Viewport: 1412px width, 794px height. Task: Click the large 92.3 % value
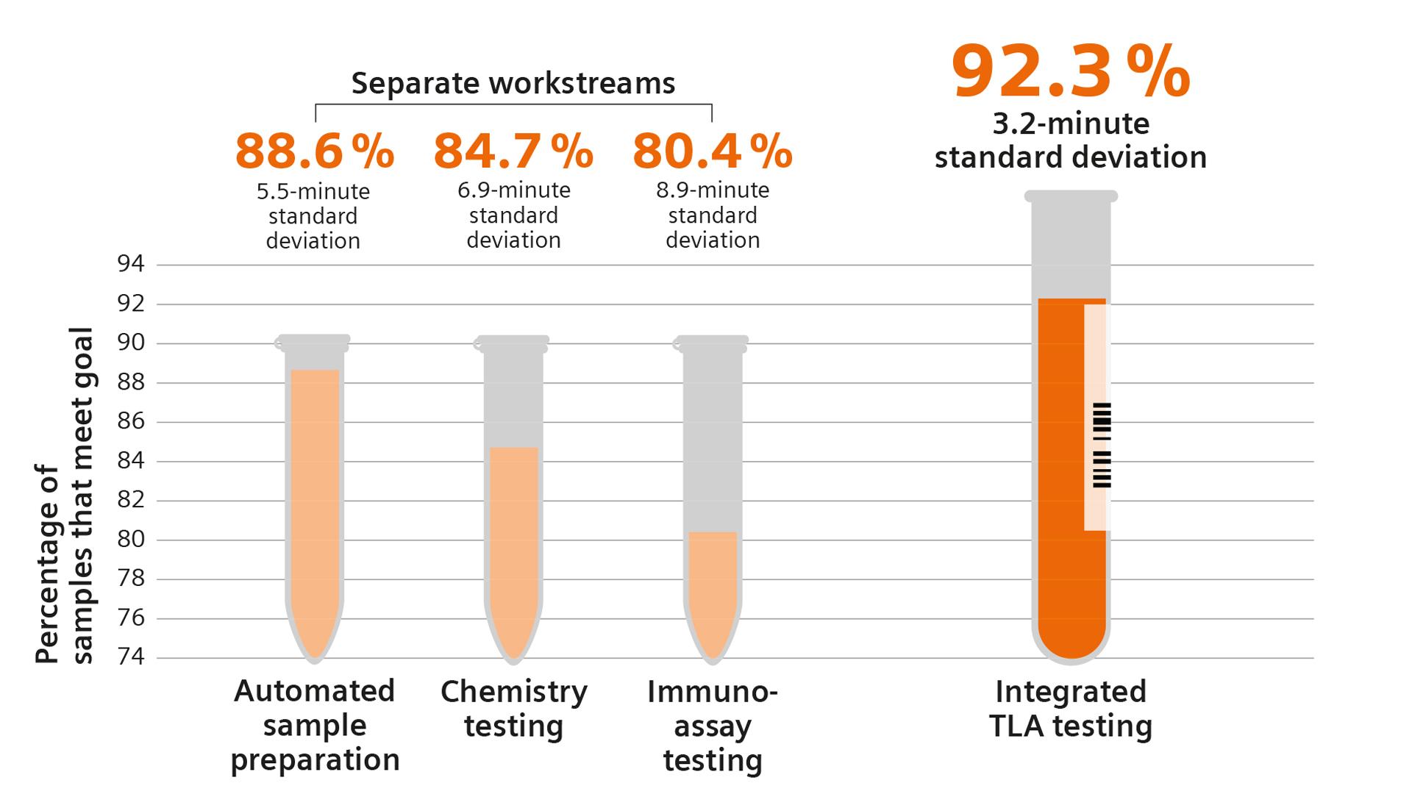click(1070, 72)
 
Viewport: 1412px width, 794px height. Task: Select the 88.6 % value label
click(314, 152)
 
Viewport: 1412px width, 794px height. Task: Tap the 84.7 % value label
click(513, 152)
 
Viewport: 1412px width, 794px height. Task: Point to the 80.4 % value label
click(712, 152)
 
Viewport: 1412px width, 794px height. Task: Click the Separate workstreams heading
click(513, 83)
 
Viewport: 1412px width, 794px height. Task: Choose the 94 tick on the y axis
click(131, 264)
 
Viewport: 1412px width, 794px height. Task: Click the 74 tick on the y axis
click(131, 657)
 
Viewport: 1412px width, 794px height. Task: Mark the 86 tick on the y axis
click(131, 422)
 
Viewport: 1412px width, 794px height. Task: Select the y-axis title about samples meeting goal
click(65, 496)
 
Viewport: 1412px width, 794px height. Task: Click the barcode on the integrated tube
click(1102, 445)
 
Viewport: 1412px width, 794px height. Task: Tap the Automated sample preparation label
click(315, 725)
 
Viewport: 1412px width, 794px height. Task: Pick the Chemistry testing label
click(513, 708)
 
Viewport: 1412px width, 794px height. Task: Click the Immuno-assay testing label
click(712, 725)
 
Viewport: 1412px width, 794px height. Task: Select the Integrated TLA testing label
click(1070, 709)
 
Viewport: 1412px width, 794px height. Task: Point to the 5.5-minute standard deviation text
click(313, 216)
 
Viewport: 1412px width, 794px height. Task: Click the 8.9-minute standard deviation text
click(712, 215)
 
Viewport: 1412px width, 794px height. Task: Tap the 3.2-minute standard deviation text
click(1070, 140)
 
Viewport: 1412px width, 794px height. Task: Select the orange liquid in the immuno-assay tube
click(712, 588)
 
